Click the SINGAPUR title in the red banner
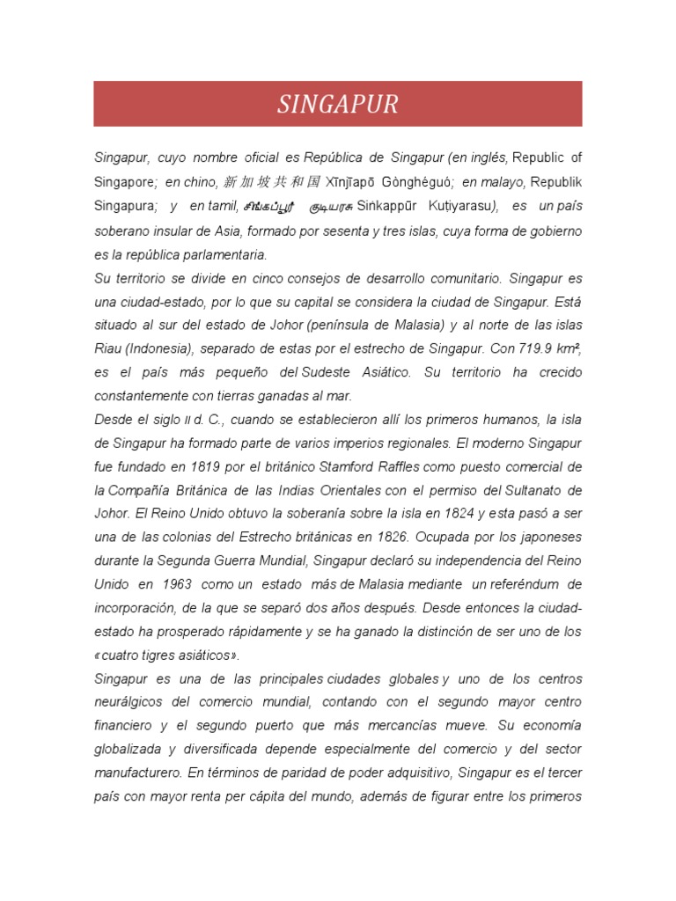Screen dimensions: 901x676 (338, 105)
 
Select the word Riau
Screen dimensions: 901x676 (108, 348)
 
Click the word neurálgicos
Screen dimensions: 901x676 (132, 702)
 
